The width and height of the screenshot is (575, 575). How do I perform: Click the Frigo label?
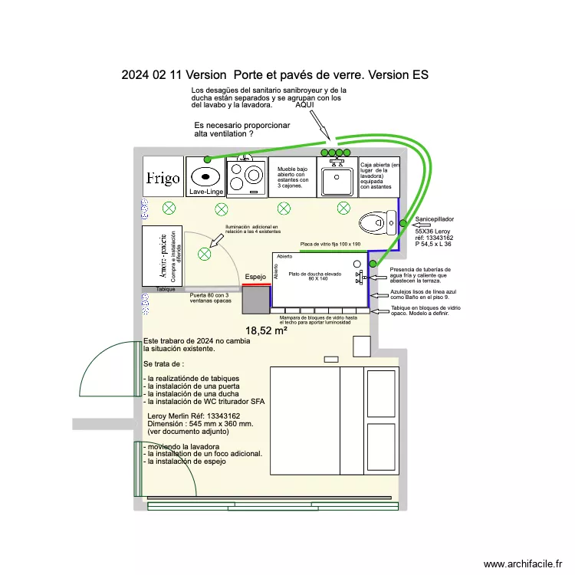point(163,179)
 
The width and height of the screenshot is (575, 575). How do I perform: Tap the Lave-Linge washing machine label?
point(205,192)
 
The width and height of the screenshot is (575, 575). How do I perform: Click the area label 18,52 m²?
point(266,330)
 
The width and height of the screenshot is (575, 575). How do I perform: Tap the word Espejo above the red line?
point(256,277)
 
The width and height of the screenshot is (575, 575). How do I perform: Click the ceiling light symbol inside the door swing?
point(204,254)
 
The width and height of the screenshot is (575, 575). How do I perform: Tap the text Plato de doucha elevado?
point(314,274)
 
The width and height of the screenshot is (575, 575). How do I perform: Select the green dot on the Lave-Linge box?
point(207,159)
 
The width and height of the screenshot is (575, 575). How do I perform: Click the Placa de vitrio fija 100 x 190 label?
point(330,244)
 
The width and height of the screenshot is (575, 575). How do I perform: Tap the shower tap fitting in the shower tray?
point(358,275)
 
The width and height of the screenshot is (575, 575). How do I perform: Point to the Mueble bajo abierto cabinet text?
point(291,177)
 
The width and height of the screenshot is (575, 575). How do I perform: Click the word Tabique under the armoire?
point(166,289)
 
